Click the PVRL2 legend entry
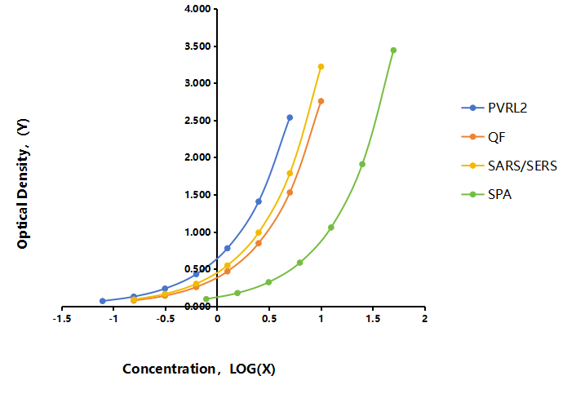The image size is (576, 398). point(494,108)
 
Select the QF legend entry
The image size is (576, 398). point(484,137)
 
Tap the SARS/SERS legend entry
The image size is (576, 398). point(509,166)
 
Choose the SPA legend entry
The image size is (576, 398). point(486,194)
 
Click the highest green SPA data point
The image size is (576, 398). point(393,51)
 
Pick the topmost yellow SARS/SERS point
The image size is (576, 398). point(321,66)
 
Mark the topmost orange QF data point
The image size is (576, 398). point(321,101)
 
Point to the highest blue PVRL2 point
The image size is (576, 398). point(290,117)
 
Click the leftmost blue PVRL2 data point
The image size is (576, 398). point(103,301)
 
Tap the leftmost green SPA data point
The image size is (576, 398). point(206,298)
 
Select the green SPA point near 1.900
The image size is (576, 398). point(362,164)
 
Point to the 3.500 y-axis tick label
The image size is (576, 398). point(197,46)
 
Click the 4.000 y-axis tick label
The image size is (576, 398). point(197,9)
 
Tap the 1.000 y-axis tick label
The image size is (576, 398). point(197,232)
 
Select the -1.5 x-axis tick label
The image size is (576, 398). point(62,319)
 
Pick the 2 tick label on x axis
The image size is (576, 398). point(424,319)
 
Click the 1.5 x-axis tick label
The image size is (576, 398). point(373,319)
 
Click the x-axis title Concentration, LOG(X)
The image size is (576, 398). point(199,369)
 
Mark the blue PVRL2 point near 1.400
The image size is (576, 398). point(259,201)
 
